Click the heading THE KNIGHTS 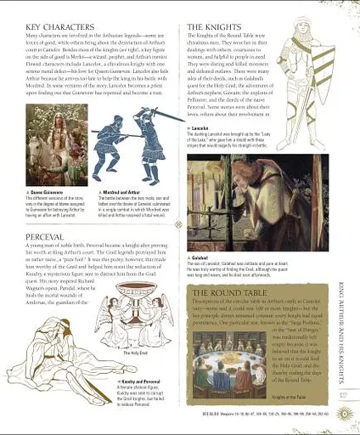217,28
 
